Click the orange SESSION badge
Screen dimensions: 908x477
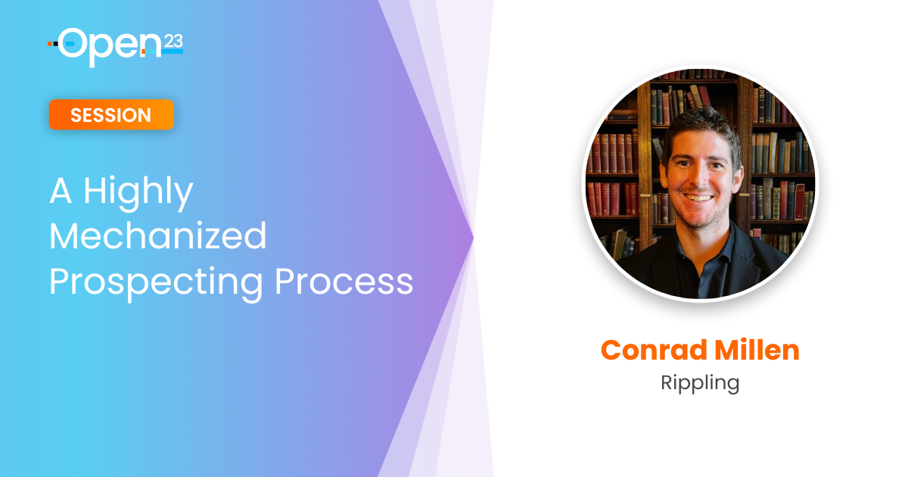pyautogui.click(x=111, y=115)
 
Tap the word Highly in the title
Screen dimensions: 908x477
pyautogui.click(x=138, y=192)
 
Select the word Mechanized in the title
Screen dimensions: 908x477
pyautogui.click(x=157, y=235)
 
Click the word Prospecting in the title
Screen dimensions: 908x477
pyautogui.click(x=156, y=282)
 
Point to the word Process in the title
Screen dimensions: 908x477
pyautogui.click(x=344, y=281)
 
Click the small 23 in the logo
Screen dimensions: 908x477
pyautogui.click(x=173, y=42)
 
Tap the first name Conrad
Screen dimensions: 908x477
pyautogui.click(x=654, y=350)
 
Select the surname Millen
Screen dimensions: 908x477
pyautogui.click(x=757, y=350)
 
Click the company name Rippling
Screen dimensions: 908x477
pyautogui.click(x=700, y=383)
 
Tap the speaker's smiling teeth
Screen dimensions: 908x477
pyautogui.click(x=698, y=198)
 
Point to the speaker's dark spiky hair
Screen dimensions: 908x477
pyautogui.click(x=702, y=129)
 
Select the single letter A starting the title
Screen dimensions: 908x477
pyautogui.click(x=61, y=192)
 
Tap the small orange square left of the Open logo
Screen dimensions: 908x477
pyautogui.click(x=50, y=43)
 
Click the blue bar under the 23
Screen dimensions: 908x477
pyautogui.click(x=173, y=51)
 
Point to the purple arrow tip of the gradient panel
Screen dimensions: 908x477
pyautogui.click(x=472, y=238)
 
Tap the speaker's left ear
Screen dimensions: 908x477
pyautogui.click(x=738, y=179)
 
